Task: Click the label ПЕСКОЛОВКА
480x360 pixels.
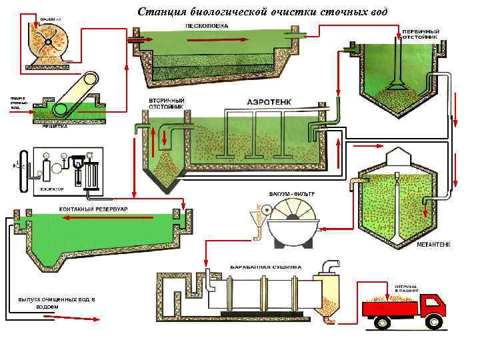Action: pyautogui.click(x=207, y=25)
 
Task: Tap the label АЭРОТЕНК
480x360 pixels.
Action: pyautogui.click(x=268, y=105)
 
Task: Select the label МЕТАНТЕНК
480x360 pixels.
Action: pyautogui.click(x=433, y=245)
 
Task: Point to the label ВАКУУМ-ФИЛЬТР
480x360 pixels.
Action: pyautogui.click(x=291, y=195)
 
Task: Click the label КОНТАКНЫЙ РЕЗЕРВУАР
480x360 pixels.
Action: pyautogui.click(x=94, y=209)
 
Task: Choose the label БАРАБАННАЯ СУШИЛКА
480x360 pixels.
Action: pyautogui.click(x=262, y=263)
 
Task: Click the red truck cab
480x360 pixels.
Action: pyautogui.click(x=433, y=306)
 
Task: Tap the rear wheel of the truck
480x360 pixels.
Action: pyautogui.click(x=383, y=323)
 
